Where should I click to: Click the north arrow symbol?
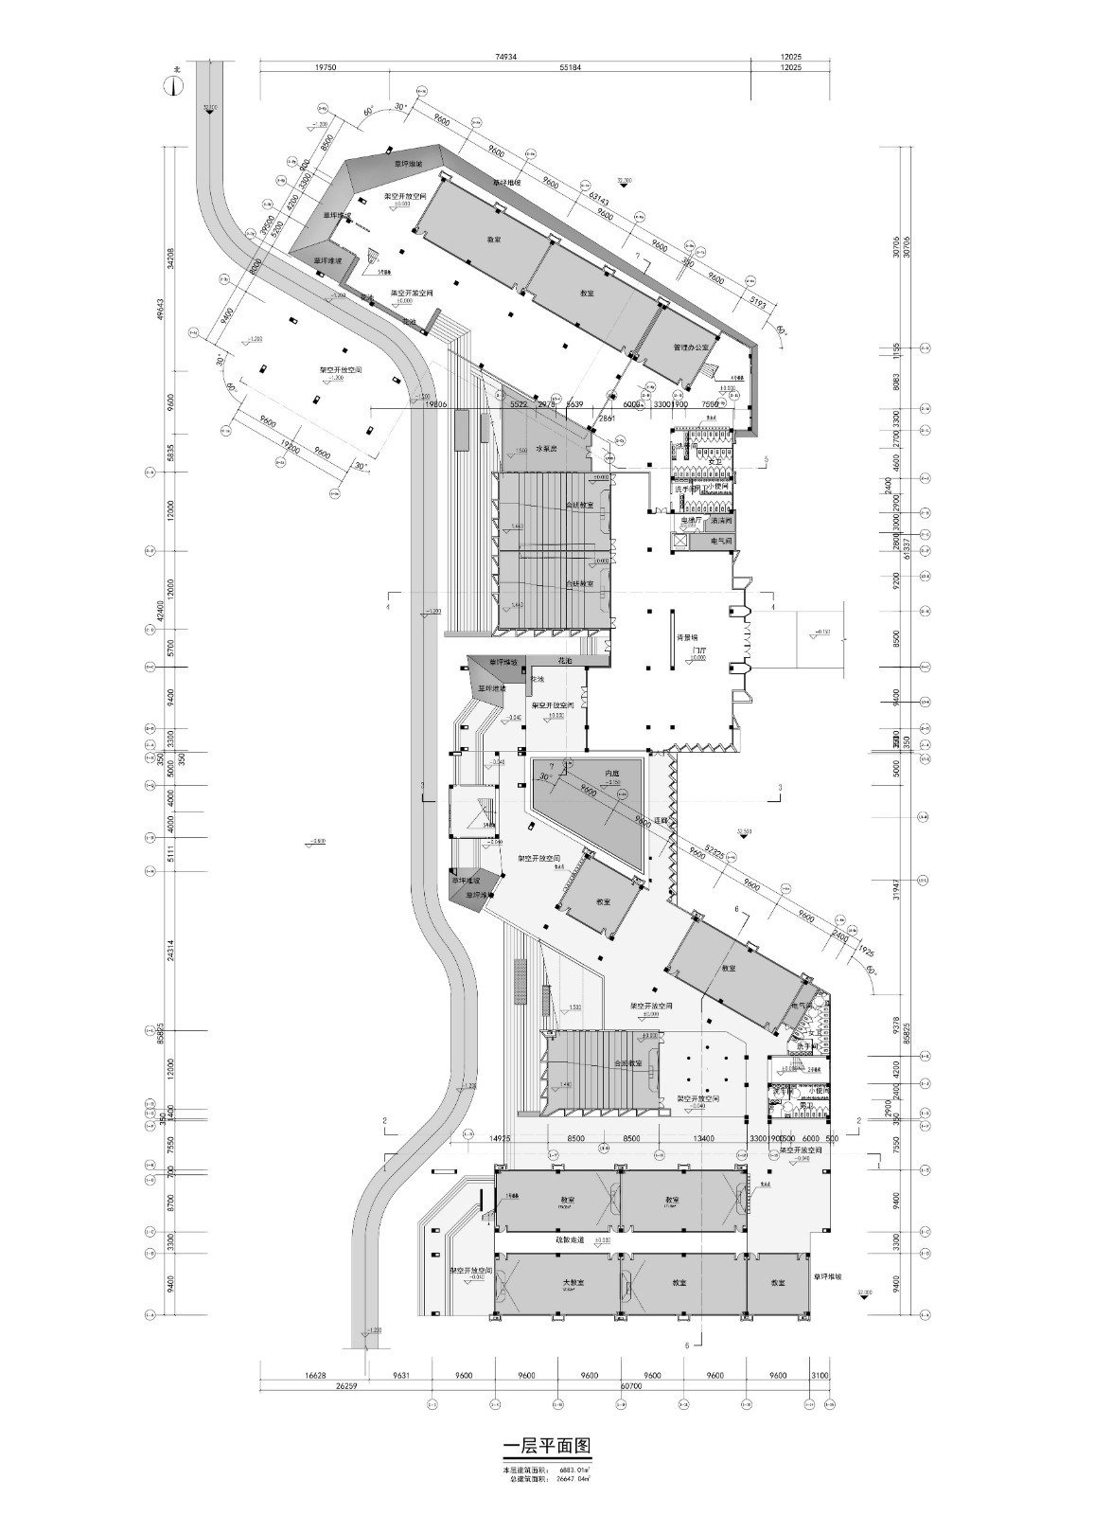tap(175, 85)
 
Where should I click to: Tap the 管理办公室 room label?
tap(690, 348)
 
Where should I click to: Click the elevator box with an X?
tap(679, 541)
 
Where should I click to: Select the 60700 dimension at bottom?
tap(630, 1385)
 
